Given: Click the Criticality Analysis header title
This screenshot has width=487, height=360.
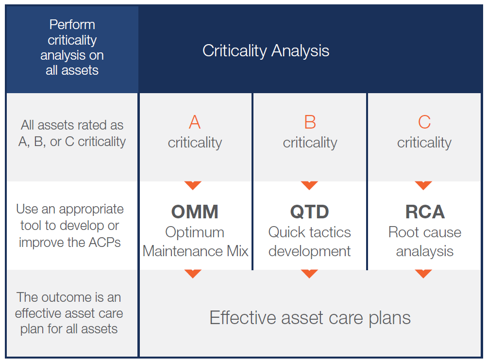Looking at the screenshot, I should pyautogui.click(x=266, y=51).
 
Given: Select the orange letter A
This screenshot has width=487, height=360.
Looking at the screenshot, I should pyautogui.click(x=195, y=122).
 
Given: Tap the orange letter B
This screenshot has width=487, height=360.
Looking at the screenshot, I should pyautogui.click(x=310, y=122).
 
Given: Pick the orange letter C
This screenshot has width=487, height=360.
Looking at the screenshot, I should pyautogui.click(x=424, y=122).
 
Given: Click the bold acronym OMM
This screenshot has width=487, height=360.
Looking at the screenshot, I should pyautogui.click(x=195, y=212).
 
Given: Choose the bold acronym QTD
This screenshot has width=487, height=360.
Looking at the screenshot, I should pyautogui.click(x=309, y=212).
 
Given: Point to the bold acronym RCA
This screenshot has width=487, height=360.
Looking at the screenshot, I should pyautogui.click(x=424, y=212).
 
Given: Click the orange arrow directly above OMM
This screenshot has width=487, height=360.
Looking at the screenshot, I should pyautogui.click(x=193, y=185).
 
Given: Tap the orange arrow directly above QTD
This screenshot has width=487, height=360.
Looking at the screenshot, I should pyautogui.click(x=309, y=185).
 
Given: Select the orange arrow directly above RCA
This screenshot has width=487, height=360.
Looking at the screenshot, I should pyautogui.click(x=423, y=185).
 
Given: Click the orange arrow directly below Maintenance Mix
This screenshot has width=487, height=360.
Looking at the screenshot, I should pyautogui.click(x=193, y=274).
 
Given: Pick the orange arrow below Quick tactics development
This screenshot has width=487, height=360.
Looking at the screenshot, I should pyautogui.click(x=309, y=274).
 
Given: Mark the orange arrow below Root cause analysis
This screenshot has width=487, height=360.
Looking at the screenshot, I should pyautogui.click(x=423, y=274).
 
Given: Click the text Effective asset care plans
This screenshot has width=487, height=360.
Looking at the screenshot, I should pyautogui.click(x=310, y=318).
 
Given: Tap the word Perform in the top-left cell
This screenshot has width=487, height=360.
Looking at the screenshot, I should pyautogui.click(x=72, y=25).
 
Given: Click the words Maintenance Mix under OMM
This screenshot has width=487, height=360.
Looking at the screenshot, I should pyautogui.click(x=196, y=251).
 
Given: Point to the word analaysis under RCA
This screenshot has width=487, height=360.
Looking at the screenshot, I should pyautogui.click(x=424, y=251).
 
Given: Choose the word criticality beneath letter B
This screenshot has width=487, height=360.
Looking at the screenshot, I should pyautogui.click(x=310, y=143).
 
